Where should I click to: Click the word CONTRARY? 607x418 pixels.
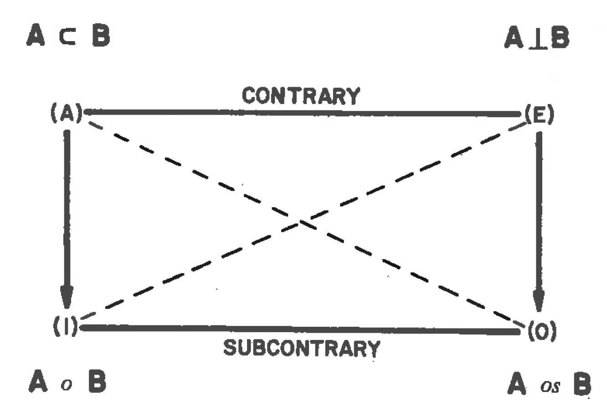(x=300, y=96)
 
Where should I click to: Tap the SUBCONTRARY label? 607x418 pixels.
(x=302, y=349)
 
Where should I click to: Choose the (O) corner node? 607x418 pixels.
(x=542, y=331)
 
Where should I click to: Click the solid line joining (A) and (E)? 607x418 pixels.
(x=301, y=112)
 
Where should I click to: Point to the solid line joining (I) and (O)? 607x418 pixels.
(x=301, y=329)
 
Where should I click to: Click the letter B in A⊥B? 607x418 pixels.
(x=559, y=39)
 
